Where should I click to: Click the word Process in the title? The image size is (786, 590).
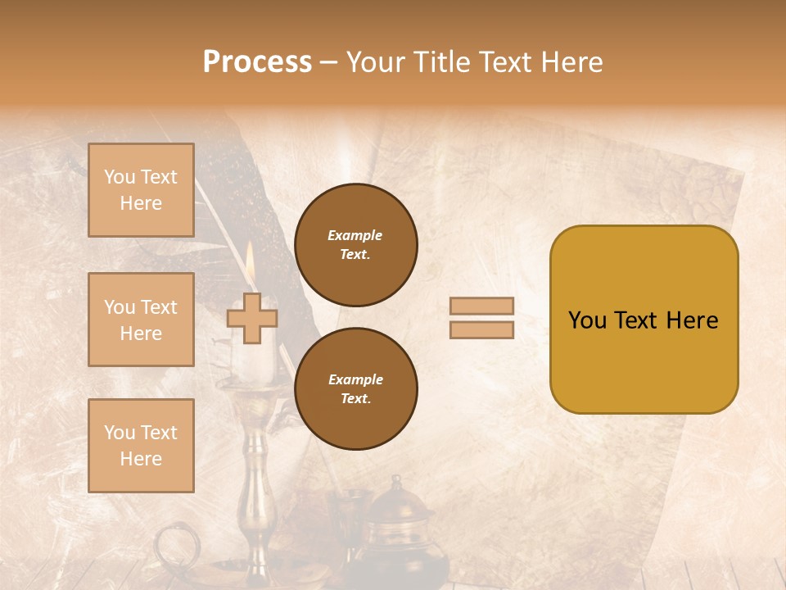pyautogui.click(x=257, y=62)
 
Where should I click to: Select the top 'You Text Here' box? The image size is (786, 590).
pyautogui.click(x=141, y=190)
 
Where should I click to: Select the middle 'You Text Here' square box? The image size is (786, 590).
pyautogui.click(x=141, y=320)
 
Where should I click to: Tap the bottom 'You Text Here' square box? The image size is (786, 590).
pyautogui.click(x=141, y=445)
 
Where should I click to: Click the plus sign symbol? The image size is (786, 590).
pyautogui.click(x=252, y=318)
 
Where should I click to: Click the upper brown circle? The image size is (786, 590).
pyautogui.click(x=356, y=245)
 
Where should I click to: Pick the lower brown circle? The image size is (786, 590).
pyautogui.click(x=356, y=389)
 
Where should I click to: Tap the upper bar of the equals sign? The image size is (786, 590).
pyautogui.click(x=481, y=306)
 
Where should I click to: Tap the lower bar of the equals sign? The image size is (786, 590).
pyautogui.click(x=481, y=329)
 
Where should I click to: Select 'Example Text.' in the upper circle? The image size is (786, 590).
pyautogui.click(x=355, y=245)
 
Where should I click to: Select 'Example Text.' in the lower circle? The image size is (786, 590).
pyautogui.click(x=355, y=389)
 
